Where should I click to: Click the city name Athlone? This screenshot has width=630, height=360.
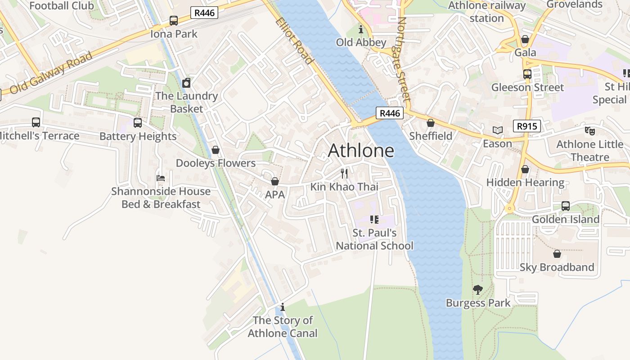pyautogui.click(x=361, y=151)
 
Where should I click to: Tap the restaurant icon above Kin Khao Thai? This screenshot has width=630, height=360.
pyautogui.click(x=344, y=174)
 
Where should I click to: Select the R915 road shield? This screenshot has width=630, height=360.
pyautogui.click(x=526, y=126)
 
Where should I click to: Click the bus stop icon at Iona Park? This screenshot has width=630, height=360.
pyautogui.click(x=174, y=21)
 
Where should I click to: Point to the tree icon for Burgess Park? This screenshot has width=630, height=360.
pyautogui.click(x=478, y=290)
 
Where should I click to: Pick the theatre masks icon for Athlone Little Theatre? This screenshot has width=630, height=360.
pyautogui.click(x=589, y=131)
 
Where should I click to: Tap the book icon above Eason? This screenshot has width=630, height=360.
pyautogui.click(x=497, y=130)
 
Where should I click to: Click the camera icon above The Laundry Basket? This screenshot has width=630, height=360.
pyautogui.click(x=186, y=83)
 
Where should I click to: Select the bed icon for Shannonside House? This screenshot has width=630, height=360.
pyautogui.click(x=161, y=178)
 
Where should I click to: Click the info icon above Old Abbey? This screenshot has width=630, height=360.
pyautogui.click(x=361, y=30)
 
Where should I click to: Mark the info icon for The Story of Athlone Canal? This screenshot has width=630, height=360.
pyautogui.click(x=283, y=307)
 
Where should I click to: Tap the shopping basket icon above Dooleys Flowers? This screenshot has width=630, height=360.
pyautogui.click(x=216, y=150)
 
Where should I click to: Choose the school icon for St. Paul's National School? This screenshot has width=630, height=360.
pyautogui.click(x=374, y=220)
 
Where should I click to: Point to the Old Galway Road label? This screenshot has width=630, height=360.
pyautogui.click(x=51, y=73)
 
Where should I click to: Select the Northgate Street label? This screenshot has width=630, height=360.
pyautogui.click(x=404, y=59)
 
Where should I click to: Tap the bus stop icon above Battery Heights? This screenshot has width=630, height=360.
pyautogui.click(x=138, y=123)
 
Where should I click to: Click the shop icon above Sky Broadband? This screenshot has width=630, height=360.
pyautogui.click(x=557, y=254)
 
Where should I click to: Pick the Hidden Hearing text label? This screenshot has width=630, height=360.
pyautogui.click(x=525, y=183)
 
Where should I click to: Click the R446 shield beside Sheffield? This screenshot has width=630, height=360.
pyautogui.click(x=389, y=113)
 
